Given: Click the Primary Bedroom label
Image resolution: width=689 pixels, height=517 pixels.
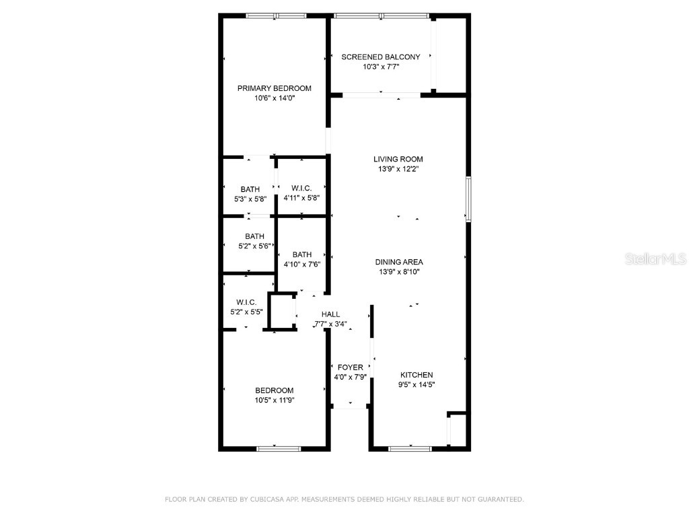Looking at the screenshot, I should (274, 88).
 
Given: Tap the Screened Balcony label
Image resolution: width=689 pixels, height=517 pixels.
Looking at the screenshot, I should (380, 57).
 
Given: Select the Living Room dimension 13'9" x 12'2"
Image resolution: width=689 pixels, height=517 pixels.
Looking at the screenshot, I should (398, 170).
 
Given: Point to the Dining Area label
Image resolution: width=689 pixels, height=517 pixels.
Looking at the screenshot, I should (398, 262).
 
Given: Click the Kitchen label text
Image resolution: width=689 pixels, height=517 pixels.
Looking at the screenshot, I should (416, 375).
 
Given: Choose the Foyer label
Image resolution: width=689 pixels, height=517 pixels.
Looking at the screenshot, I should (350, 367).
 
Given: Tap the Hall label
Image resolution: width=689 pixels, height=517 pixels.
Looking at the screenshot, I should (330, 314).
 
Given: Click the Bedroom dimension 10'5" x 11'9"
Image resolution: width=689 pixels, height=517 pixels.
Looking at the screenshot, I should (274, 400).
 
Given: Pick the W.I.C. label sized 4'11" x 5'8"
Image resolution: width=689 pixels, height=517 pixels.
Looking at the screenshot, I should (301, 188).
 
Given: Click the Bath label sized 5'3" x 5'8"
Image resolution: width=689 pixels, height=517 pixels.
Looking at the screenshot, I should (250, 189).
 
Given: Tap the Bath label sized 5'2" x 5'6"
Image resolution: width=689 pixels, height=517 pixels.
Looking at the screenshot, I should (254, 236).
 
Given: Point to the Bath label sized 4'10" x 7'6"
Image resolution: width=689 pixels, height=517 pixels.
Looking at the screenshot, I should (302, 254).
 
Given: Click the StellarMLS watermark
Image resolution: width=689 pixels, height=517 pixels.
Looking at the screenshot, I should (655, 258).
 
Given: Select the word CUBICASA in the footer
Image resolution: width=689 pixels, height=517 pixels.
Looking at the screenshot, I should (266, 499).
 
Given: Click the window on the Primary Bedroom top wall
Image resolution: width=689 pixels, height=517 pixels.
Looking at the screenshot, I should (276, 15).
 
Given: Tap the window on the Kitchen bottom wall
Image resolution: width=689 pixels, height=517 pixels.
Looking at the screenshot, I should (410, 448).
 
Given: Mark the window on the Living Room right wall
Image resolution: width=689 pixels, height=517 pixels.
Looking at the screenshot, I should (468, 199).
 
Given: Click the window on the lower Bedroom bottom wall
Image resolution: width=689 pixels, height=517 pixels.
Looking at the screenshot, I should (279, 448).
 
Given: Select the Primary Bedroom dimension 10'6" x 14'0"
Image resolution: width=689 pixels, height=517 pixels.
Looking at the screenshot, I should (274, 98).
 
